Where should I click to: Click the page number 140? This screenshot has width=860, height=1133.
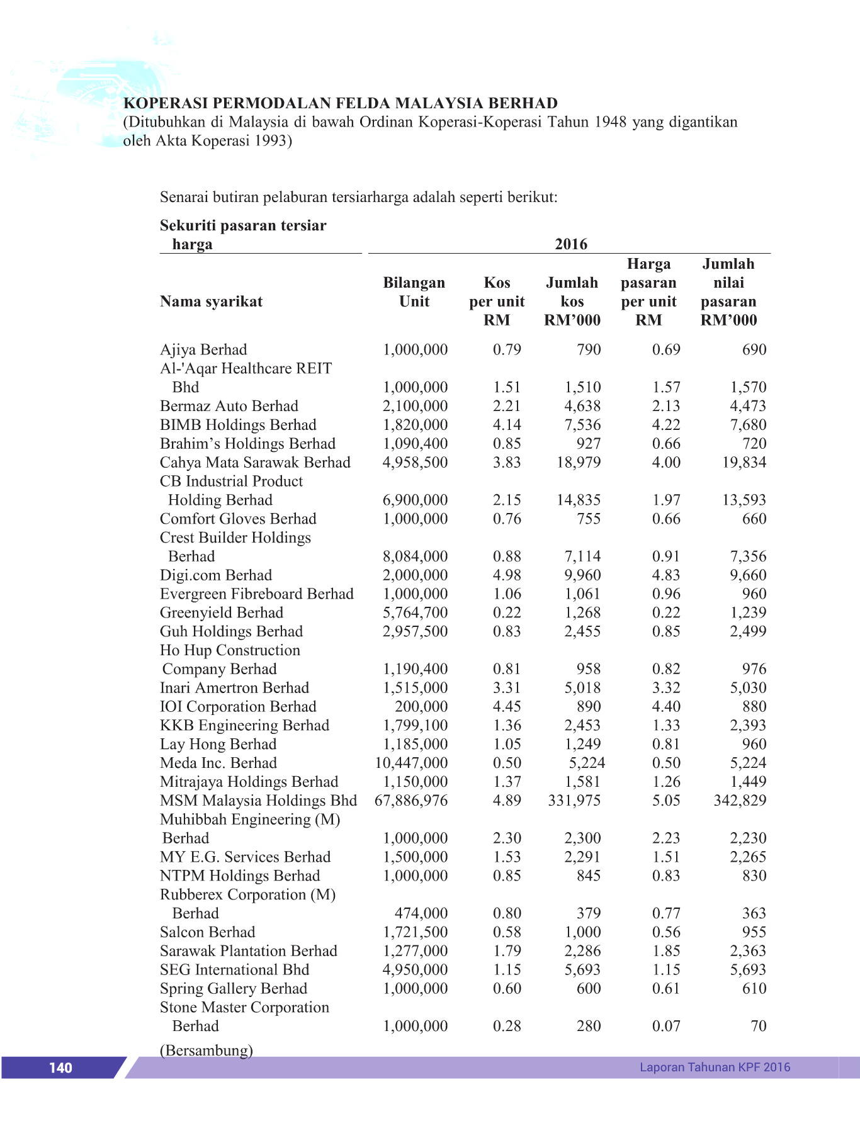click(x=60, y=1068)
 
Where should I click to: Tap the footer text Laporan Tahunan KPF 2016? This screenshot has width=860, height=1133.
click(x=715, y=1067)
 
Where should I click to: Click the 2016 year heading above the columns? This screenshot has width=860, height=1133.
click(x=570, y=244)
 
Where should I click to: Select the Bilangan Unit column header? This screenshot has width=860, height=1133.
click(x=414, y=292)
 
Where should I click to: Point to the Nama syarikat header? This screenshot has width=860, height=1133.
click(x=211, y=302)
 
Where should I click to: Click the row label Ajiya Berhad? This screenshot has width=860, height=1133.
click(x=203, y=350)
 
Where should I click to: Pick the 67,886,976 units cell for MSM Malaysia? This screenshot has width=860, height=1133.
click(x=411, y=801)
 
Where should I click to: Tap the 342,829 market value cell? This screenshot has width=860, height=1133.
click(x=740, y=801)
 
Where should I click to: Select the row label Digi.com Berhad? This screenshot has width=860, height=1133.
click(x=216, y=575)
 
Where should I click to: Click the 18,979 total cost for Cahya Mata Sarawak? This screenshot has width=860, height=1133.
click(x=578, y=463)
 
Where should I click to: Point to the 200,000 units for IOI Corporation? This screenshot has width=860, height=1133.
click(x=421, y=707)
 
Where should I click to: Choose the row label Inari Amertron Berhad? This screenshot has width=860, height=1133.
click(x=234, y=688)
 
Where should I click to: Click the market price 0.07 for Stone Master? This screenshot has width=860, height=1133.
click(x=666, y=1026)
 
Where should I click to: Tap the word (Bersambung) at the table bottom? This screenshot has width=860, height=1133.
click(x=207, y=1050)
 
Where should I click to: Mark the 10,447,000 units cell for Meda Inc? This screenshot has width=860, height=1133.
click(x=411, y=763)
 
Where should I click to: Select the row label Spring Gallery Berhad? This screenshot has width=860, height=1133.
click(x=234, y=989)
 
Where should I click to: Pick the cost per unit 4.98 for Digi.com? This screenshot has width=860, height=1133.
click(x=507, y=575)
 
